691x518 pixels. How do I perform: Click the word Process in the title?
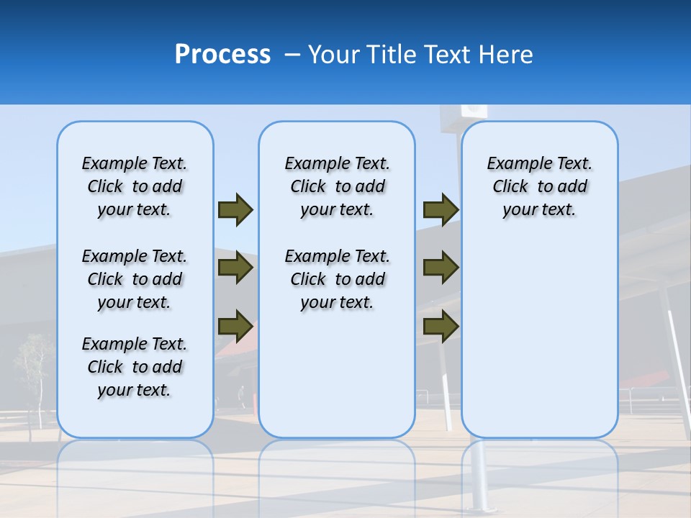(x=222, y=55)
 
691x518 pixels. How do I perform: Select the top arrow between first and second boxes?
(x=235, y=209)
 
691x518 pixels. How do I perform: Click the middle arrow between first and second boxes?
(x=235, y=268)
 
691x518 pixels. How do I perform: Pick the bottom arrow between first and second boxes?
(x=235, y=325)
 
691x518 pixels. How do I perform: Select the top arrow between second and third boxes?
(x=441, y=209)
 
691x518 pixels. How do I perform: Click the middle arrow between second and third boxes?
(x=441, y=268)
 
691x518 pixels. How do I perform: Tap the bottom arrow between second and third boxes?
(x=441, y=327)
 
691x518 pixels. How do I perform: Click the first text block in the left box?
(x=135, y=186)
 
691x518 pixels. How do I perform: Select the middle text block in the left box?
(x=135, y=279)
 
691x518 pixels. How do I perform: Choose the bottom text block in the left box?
(x=135, y=367)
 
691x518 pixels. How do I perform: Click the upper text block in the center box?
(x=337, y=186)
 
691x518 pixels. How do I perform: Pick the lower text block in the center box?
(x=337, y=279)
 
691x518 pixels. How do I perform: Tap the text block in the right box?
(x=539, y=186)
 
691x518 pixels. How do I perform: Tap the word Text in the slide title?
(x=450, y=55)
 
